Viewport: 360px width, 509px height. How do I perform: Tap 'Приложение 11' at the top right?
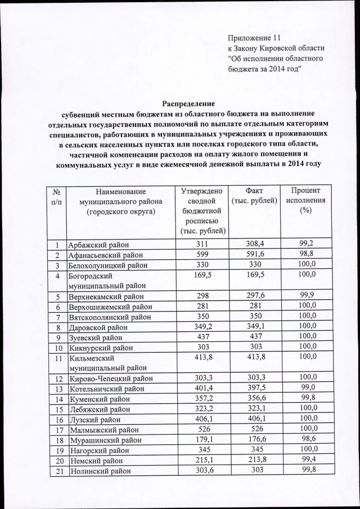pos(253,38)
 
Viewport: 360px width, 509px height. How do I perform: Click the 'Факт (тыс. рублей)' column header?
pos(254,197)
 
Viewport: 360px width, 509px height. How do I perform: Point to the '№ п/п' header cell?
pos(57,197)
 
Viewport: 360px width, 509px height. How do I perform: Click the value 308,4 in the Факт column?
pos(254,245)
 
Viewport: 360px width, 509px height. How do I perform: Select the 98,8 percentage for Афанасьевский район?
pos(307,255)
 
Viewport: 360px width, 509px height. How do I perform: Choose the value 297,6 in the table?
pos(254,295)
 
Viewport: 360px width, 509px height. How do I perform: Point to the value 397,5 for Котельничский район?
pos(254,388)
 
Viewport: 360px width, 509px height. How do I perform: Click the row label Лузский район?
pos(94,419)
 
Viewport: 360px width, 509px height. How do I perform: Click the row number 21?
pos(57,471)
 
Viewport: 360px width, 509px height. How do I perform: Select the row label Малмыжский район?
pos(102,429)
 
